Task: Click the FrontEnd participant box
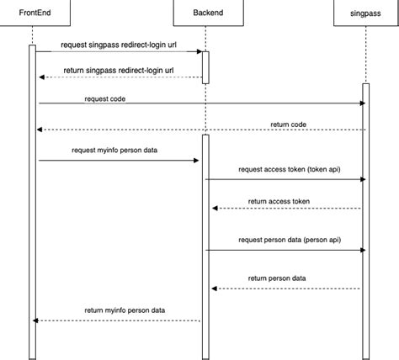32,13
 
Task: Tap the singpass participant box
366,13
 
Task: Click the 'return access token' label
279,202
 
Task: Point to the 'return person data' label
277,278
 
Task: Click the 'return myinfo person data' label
125,310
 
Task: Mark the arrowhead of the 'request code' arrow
362,103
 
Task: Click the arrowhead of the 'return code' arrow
39,130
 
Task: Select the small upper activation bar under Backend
204,66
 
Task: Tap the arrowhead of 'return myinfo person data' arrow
35,320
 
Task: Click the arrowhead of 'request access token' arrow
362,179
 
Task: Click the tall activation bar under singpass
366,219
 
